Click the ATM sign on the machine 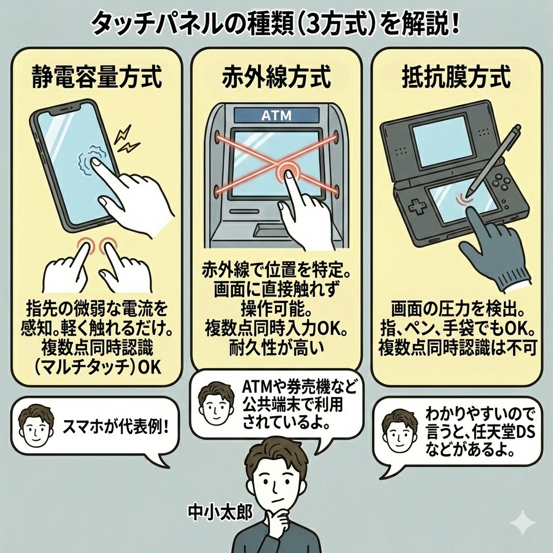coord(276,116)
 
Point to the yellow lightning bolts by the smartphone coord(126,139)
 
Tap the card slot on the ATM coord(245,212)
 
